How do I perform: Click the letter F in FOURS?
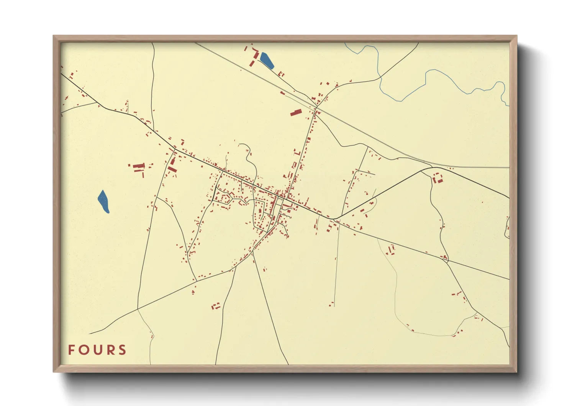[x=71, y=350]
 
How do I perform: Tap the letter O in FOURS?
[x=84, y=350]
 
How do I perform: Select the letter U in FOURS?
[x=97, y=350]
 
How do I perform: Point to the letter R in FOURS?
[x=110, y=350]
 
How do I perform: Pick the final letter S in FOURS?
[x=122, y=350]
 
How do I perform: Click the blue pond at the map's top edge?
[x=267, y=60]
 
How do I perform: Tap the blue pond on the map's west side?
[x=103, y=201]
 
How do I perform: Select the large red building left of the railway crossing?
[x=295, y=112]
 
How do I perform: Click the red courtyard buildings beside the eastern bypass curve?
[x=437, y=178]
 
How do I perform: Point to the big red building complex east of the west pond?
[x=139, y=167]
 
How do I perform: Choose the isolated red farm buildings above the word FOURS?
[x=216, y=306]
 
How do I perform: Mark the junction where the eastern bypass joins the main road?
[x=334, y=219]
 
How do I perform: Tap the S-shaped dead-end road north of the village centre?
[x=249, y=157]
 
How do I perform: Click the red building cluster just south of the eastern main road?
[x=390, y=250]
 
